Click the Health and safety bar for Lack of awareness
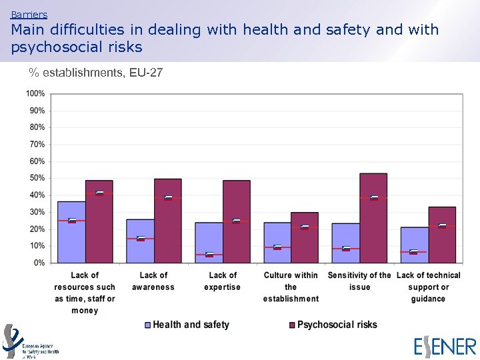140,241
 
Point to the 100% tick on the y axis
36,93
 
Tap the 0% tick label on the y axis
39,263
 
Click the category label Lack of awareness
153,281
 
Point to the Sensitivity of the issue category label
359,281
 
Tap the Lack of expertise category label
223,281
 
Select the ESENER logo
445,347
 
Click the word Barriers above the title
29,14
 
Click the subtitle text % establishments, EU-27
95,72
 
